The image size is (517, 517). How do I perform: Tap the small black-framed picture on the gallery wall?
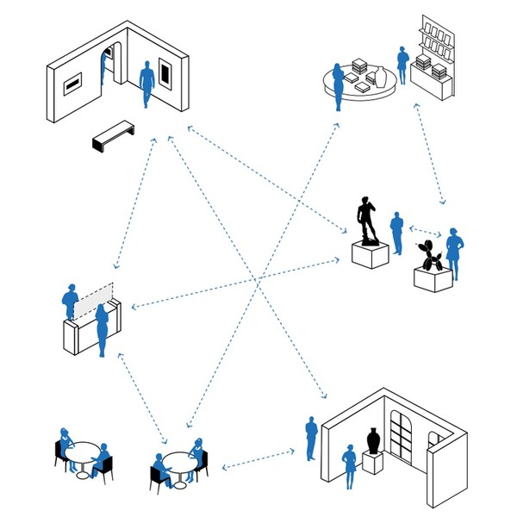click(x=73, y=83)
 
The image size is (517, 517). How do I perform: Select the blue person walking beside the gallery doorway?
click(x=147, y=82)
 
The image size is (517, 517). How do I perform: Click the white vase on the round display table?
click(x=380, y=77)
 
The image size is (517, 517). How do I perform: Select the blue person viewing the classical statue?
click(x=396, y=233)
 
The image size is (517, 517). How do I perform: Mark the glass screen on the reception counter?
click(x=93, y=300)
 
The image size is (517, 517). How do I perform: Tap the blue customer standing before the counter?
click(x=103, y=328)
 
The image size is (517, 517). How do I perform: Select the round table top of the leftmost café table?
click(x=83, y=449)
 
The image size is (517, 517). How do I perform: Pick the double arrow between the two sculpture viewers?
click(x=425, y=230)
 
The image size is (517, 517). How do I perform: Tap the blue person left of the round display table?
click(x=339, y=86)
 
